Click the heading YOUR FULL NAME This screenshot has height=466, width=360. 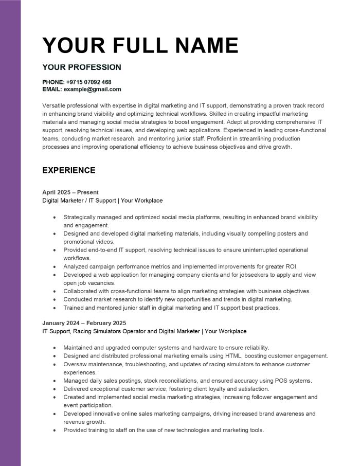coord(140,46)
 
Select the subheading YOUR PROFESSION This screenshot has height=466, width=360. coord(82,67)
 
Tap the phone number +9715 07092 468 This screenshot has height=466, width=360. coord(88,82)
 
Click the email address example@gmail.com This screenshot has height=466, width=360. coord(93,89)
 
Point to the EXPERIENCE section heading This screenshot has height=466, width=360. coord(69,170)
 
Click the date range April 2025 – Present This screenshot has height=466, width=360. coord(70,192)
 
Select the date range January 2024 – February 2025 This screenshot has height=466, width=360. coord(84,323)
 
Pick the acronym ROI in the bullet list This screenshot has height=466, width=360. coord(291,266)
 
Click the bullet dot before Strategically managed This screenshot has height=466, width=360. coord(55,218)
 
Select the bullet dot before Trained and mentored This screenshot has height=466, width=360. coord(55,308)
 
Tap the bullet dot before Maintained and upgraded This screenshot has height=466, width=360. coord(55,348)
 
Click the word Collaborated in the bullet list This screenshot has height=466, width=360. coord(81,291)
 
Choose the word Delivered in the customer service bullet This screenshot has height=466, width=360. coord(76,389)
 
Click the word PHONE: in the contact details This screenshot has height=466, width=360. coord(53,82)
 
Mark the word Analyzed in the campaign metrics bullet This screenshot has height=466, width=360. coord(76,266)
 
